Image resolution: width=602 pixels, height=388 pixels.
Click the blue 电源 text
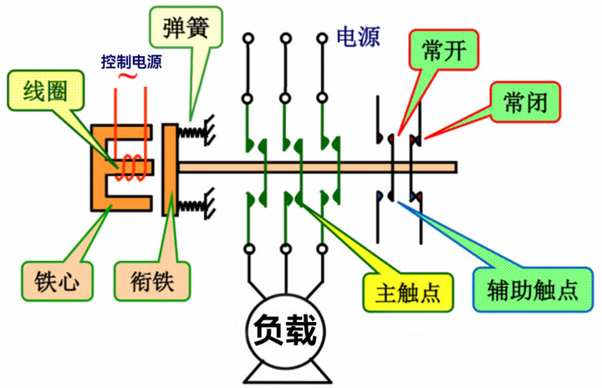click(x=359, y=38)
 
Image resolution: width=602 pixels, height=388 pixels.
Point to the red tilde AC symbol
click(x=130, y=77)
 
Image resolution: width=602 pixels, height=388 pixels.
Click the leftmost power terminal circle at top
click(x=248, y=38)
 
